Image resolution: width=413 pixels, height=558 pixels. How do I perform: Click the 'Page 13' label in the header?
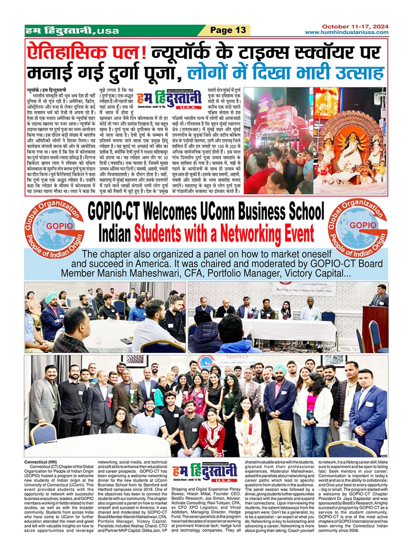pyautogui.click(x=228, y=30)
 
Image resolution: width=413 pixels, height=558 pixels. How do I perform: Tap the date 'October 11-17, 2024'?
pyautogui.click(x=355, y=27)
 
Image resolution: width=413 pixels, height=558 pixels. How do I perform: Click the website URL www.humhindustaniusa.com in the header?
pyautogui.click(x=346, y=32)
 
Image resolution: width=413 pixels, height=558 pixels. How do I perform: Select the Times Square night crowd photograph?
pyautogui.click(x=278, y=140)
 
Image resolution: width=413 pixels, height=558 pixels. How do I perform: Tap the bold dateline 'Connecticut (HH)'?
pyautogui.click(x=40, y=462)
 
